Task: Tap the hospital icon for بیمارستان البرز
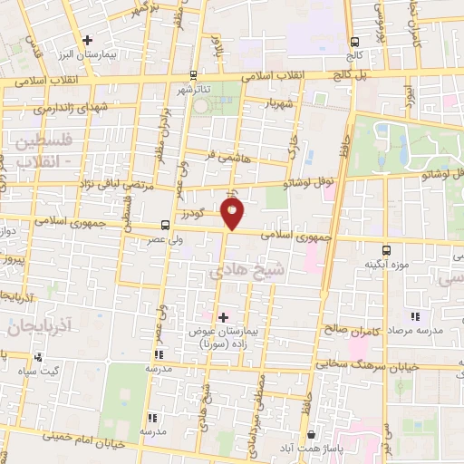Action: coord(87,40)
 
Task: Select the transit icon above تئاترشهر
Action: coord(192,76)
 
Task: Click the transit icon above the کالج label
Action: coord(354,41)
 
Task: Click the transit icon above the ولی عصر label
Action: coord(165,224)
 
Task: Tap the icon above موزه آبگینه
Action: coord(387,249)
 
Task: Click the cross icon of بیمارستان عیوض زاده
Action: coord(223,316)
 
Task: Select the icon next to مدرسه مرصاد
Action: coord(416,316)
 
